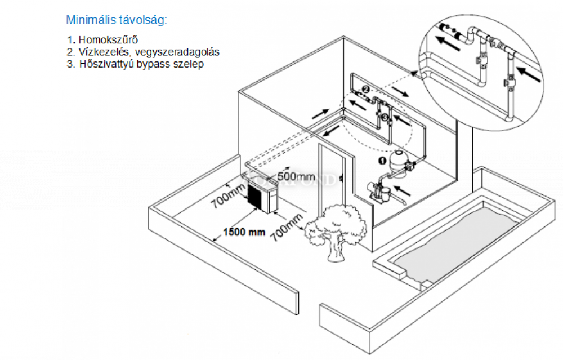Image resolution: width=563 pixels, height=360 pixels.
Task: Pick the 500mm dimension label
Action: coord(296,176)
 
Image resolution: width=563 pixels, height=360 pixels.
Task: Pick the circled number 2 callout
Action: coord(365,90)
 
